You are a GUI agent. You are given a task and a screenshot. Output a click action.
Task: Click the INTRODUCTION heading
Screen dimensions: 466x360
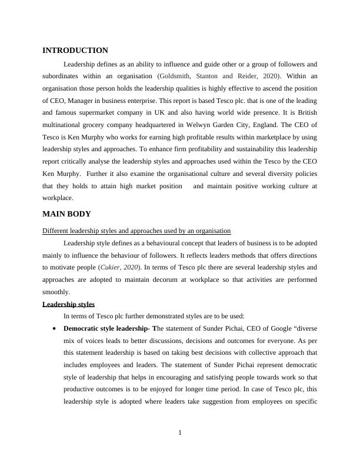(75, 51)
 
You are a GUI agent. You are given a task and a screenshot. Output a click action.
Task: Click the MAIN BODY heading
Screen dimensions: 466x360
(66, 214)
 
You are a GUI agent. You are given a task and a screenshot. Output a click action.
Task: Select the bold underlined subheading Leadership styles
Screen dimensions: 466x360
(69, 304)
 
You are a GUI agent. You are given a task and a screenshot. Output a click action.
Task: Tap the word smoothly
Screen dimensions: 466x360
(56, 292)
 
